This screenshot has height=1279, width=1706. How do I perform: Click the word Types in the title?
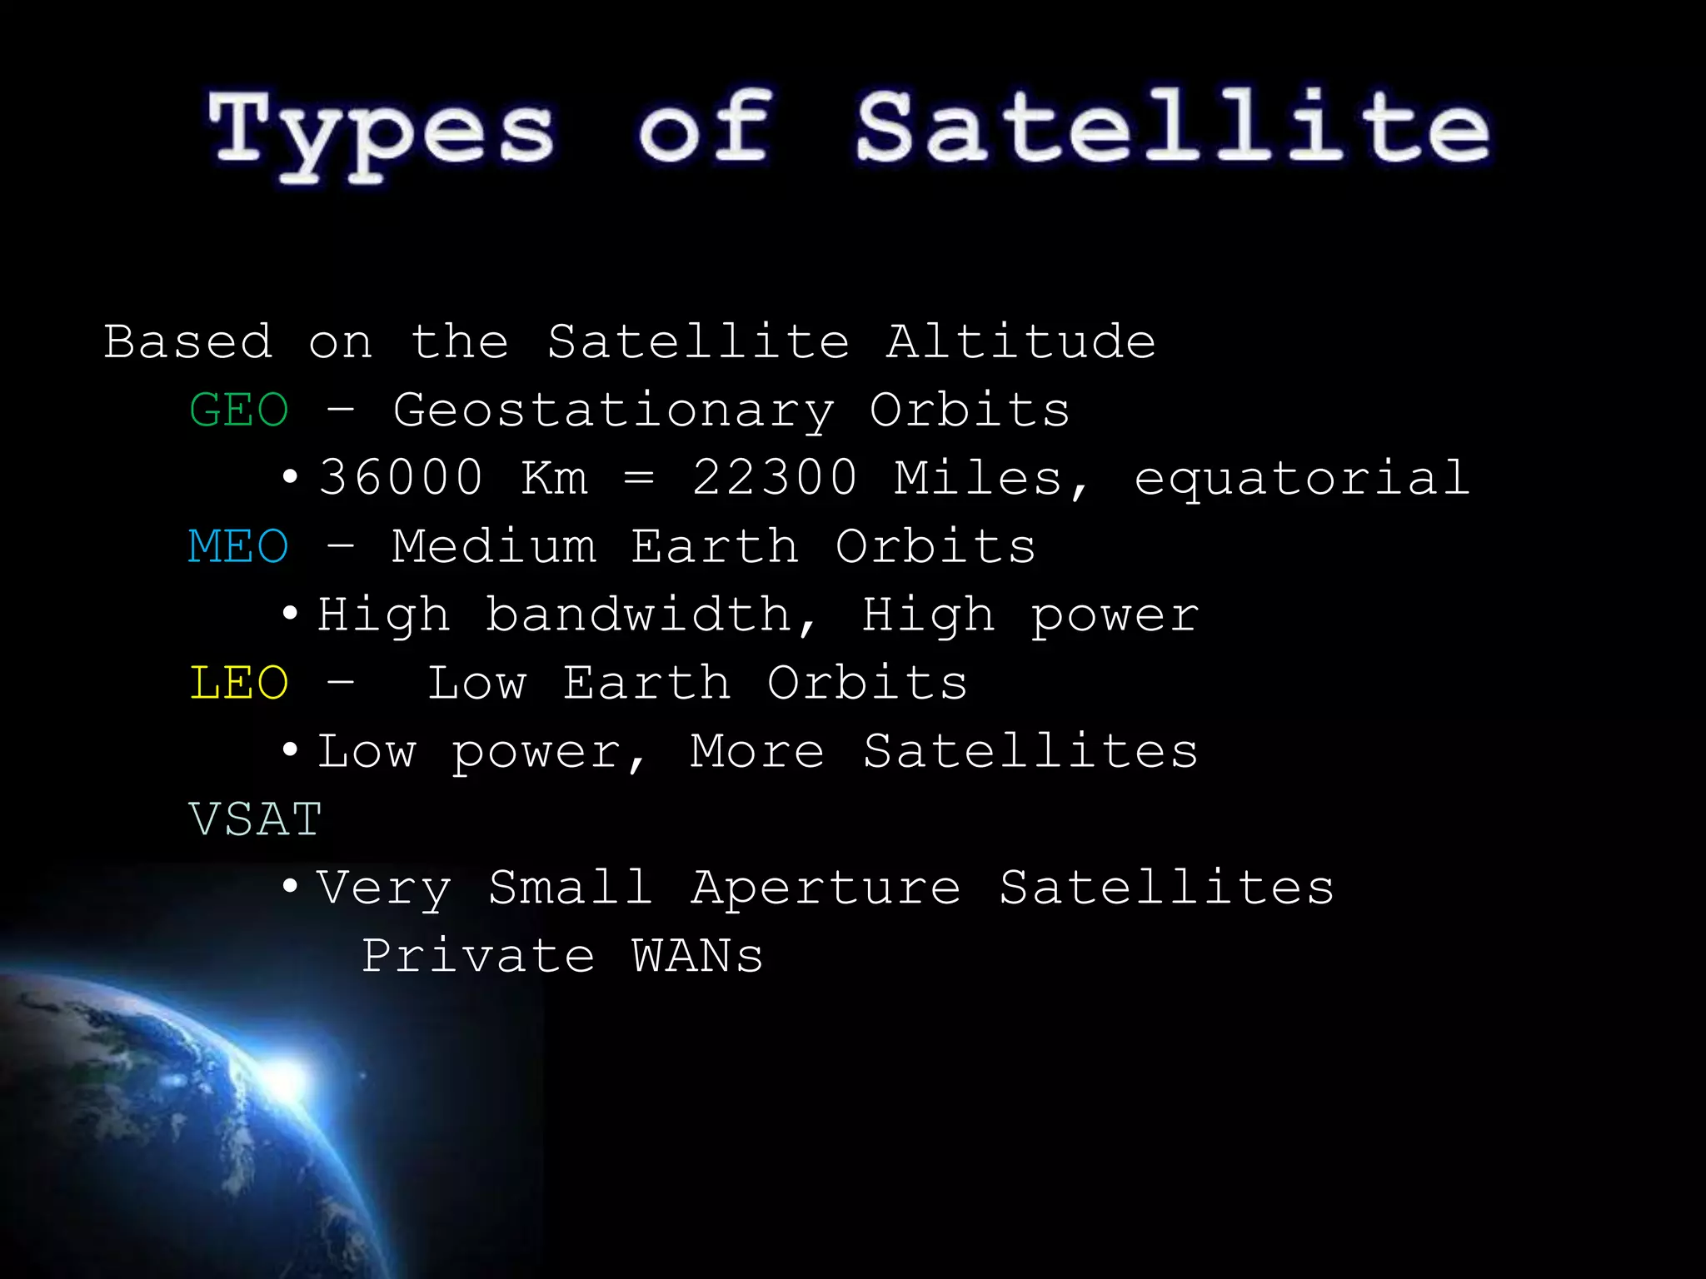[382, 133]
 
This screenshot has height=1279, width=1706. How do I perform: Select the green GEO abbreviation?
[239, 411]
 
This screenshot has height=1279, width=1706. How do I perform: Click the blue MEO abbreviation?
[238, 547]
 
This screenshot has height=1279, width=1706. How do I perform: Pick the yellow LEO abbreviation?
[239, 684]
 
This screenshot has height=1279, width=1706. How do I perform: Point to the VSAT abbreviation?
[255, 820]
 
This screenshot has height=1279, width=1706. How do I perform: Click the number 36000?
[401, 478]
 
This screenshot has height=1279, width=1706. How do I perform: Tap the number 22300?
[775, 478]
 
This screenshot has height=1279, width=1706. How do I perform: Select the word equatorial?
[1302, 478]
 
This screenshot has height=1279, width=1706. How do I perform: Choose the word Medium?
[494, 547]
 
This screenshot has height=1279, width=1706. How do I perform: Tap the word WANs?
[697, 956]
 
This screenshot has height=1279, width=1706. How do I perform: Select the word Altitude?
[1021, 342]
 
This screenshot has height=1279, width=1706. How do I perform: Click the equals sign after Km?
[639, 478]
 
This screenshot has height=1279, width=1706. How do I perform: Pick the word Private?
[478, 956]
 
